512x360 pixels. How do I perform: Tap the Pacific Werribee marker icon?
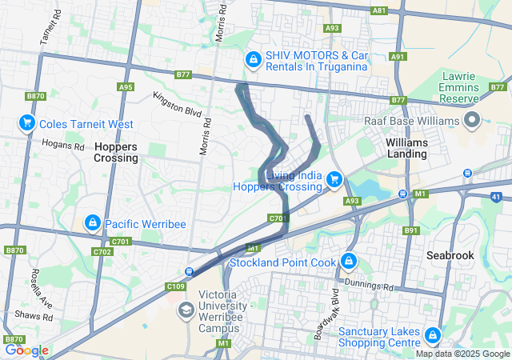(x=93, y=222)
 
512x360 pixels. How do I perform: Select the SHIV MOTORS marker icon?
(x=253, y=59)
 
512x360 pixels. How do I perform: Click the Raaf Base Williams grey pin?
(x=471, y=121)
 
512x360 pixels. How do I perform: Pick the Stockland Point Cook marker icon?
(x=349, y=261)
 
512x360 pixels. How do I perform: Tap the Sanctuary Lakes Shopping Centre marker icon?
(x=433, y=334)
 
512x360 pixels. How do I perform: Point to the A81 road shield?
(x=380, y=10)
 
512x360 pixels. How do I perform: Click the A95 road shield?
(x=125, y=87)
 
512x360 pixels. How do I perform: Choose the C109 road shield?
(x=176, y=286)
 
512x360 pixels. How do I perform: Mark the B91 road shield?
(x=411, y=230)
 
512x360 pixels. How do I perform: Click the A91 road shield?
(x=398, y=56)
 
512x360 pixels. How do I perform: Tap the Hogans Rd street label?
(x=67, y=146)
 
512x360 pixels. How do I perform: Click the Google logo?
(x=26, y=350)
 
